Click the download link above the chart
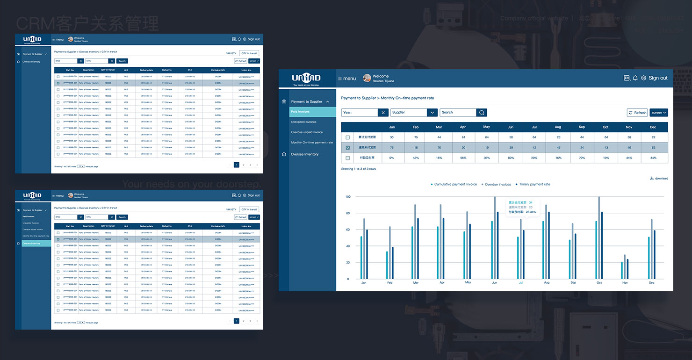(x=659, y=179)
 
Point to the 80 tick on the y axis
(x=347, y=213)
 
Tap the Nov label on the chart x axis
(x=625, y=283)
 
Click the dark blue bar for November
(x=627, y=269)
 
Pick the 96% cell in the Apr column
(x=463, y=158)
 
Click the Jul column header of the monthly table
(x=534, y=127)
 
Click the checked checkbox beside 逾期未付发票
(x=347, y=148)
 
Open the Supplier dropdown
(x=432, y=113)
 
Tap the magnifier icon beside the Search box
(x=482, y=113)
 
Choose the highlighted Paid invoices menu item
(x=312, y=112)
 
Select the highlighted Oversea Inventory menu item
(x=36, y=244)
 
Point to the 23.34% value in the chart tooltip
(x=531, y=212)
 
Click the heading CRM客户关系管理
(x=87, y=23)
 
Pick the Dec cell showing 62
(x=653, y=148)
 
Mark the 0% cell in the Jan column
(x=392, y=158)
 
